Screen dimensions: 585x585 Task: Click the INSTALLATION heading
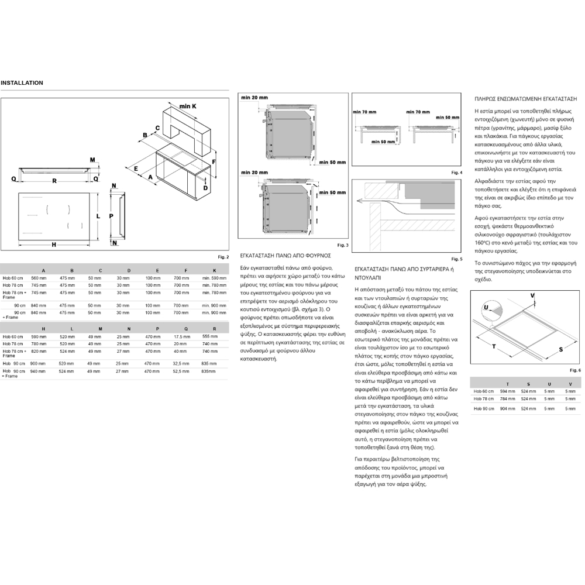coord(22,83)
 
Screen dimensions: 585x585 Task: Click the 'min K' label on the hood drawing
coord(188,106)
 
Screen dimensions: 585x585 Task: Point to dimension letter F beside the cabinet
coord(215,161)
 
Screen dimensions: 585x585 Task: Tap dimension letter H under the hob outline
coord(53,245)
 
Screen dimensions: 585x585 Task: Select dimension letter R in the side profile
coord(54,181)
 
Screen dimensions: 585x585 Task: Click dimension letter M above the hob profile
coord(92,160)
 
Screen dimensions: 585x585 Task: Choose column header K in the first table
coord(214,270)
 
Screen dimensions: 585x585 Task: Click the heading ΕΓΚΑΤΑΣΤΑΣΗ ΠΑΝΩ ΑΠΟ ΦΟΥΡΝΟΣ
coord(285,256)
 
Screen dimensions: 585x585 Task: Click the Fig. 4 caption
coord(456,173)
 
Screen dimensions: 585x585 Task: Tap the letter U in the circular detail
coord(486,307)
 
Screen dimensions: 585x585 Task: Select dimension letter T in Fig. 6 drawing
coord(494,346)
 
